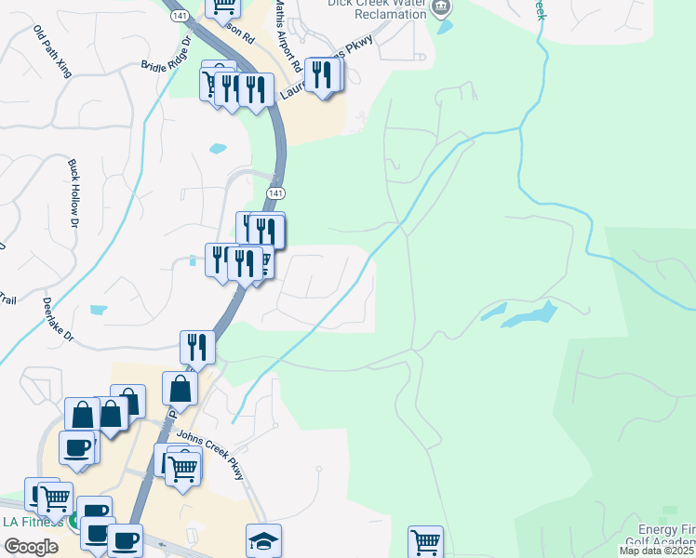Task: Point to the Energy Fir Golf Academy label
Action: coord(661,535)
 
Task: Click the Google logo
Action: coord(31,547)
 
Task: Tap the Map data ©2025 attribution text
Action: coord(657,551)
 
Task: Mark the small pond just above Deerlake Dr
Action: coord(99,310)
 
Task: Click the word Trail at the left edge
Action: coord(7,299)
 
